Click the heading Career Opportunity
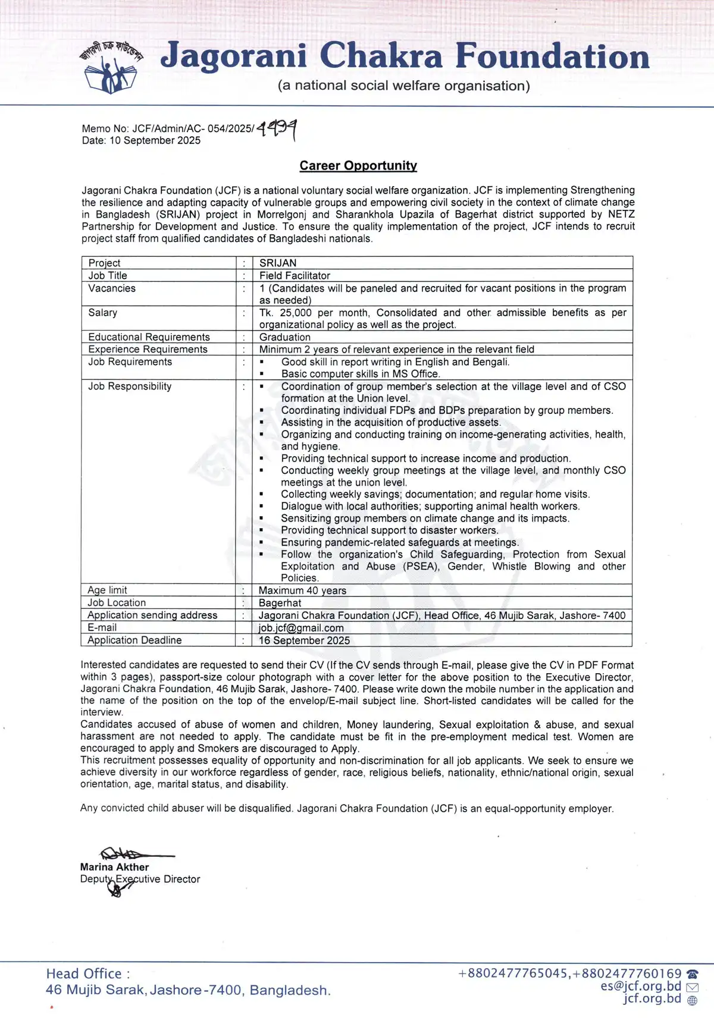click(x=358, y=166)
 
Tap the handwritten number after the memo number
click(x=277, y=128)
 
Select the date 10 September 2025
click(x=155, y=141)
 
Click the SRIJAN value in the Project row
click(x=278, y=263)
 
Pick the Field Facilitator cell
click(x=295, y=276)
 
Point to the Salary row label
click(x=103, y=313)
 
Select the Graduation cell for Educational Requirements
click(x=285, y=337)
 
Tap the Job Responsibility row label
click(x=130, y=387)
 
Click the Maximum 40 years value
click(x=302, y=590)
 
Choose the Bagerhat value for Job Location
click(x=280, y=603)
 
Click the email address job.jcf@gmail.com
click(x=301, y=628)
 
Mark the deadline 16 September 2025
click(x=304, y=640)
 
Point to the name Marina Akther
click(x=115, y=868)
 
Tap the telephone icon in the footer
click(x=692, y=974)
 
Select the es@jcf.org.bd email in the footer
click(x=641, y=986)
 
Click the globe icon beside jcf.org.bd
click(x=692, y=1000)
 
